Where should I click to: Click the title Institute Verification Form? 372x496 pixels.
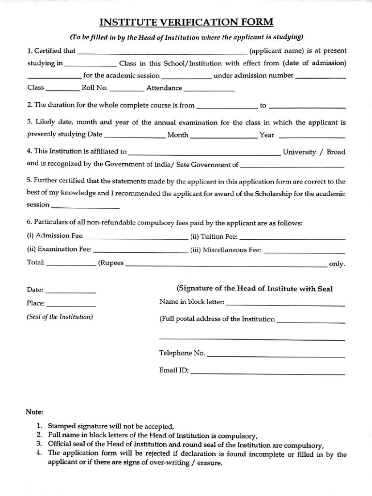point(186,22)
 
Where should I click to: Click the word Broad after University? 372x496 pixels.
point(336,152)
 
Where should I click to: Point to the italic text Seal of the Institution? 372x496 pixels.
point(60,317)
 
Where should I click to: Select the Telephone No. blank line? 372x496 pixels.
point(276,356)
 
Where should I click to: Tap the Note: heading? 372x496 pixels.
point(34,412)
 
